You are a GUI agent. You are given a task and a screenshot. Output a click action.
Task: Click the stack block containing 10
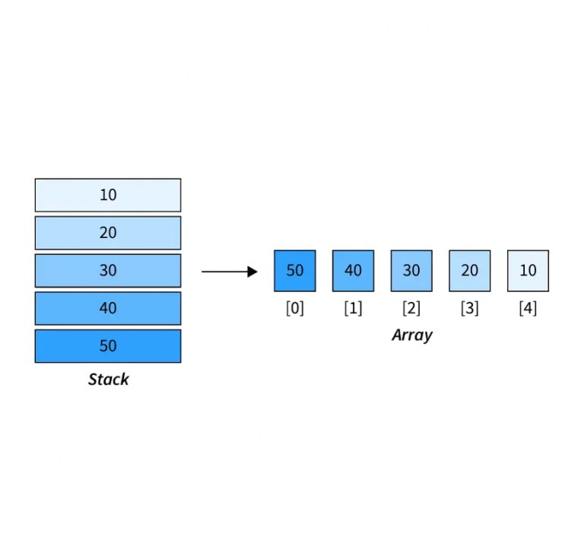[x=108, y=195]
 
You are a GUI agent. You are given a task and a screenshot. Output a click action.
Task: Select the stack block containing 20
[x=108, y=233]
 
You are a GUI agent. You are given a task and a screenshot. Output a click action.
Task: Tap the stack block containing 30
[x=108, y=271]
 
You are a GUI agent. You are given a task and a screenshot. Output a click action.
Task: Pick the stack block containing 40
[x=108, y=308]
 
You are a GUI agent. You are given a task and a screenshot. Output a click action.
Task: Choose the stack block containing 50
[x=108, y=346]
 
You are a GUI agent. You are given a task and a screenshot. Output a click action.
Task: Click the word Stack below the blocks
[x=108, y=380]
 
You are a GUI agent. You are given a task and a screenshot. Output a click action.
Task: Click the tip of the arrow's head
[x=258, y=272]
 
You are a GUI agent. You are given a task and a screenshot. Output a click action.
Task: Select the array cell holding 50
[x=295, y=271]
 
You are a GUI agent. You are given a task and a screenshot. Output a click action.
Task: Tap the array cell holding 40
[x=353, y=271]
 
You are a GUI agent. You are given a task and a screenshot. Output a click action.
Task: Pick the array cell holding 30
[x=411, y=271]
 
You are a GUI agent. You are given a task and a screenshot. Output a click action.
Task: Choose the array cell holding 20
[x=470, y=271]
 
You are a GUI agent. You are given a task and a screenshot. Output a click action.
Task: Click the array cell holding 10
[x=528, y=271]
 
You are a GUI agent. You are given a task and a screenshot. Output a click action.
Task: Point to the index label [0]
[x=295, y=310]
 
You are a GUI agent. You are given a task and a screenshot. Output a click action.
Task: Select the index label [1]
[x=353, y=310]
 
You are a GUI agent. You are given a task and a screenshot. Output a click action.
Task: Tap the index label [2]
[x=411, y=310]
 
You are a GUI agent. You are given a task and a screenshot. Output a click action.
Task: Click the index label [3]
[x=470, y=310]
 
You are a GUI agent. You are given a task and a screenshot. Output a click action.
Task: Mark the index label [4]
[x=528, y=310]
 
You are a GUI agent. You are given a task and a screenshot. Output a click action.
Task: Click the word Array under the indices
[x=411, y=335]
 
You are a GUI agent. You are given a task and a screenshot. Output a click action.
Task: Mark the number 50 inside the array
[x=295, y=271]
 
